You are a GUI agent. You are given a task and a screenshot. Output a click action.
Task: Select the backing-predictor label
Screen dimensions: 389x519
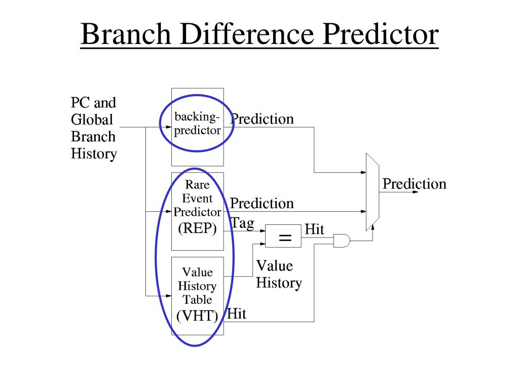point(197,124)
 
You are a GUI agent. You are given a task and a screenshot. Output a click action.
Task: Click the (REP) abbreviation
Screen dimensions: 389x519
point(197,229)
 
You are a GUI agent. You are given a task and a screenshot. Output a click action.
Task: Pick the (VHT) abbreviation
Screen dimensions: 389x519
point(197,316)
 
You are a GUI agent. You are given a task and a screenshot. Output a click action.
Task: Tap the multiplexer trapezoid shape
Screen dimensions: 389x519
point(372,192)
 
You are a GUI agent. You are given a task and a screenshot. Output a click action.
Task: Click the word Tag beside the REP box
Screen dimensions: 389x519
point(242,223)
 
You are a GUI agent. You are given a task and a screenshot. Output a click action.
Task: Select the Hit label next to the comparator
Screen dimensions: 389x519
point(314,229)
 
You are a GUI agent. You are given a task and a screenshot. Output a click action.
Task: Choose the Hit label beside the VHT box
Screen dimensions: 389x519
point(237,314)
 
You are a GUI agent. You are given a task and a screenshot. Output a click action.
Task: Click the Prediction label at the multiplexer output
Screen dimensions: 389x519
point(414,183)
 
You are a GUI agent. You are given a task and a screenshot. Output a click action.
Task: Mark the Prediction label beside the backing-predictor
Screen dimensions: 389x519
point(262,119)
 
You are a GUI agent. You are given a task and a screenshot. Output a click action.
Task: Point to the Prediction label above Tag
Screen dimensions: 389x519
point(262,204)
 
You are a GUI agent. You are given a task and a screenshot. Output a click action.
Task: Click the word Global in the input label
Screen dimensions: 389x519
point(92,120)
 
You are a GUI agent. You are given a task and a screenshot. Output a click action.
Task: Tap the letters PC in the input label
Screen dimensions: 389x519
point(80,103)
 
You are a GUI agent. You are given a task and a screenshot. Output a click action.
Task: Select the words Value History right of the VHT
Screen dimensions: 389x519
point(278,274)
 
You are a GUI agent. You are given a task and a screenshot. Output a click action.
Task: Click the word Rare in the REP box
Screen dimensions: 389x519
point(197,185)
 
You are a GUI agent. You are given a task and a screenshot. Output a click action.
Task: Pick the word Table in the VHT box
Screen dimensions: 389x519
point(197,299)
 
